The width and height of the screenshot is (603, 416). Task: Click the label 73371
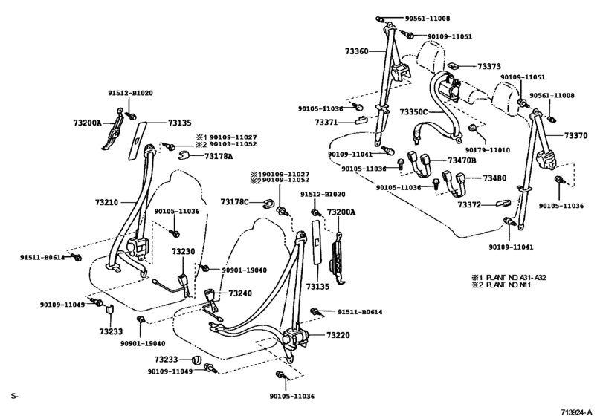click(326, 121)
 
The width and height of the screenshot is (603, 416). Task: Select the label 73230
click(184, 251)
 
